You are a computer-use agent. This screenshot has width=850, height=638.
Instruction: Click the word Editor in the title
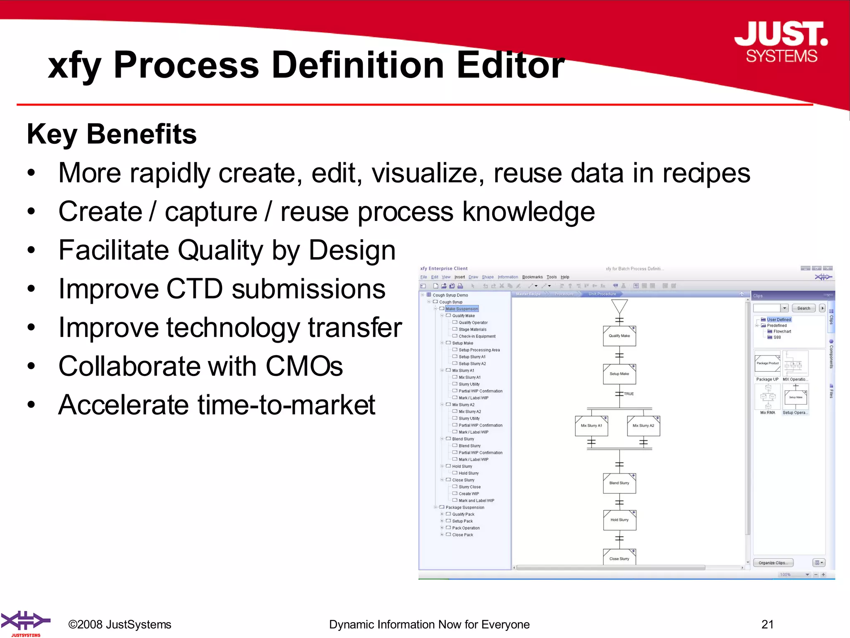point(510,65)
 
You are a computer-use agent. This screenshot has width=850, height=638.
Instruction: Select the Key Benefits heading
point(112,134)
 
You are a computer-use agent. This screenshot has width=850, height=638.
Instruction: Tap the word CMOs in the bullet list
point(304,366)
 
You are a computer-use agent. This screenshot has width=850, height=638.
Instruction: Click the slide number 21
point(767,624)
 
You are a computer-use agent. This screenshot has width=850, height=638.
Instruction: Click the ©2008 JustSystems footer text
point(120,625)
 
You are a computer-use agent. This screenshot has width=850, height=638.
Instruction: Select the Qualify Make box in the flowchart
point(619,336)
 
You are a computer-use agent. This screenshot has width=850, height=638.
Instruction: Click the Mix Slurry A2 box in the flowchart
point(643,426)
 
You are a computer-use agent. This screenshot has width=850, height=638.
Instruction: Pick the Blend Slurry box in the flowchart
point(619,483)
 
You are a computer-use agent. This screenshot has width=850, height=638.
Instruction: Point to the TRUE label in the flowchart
point(629,394)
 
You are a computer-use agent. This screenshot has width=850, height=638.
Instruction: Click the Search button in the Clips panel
point(804,308)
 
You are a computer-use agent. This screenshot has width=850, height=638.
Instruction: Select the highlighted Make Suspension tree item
point(462,309)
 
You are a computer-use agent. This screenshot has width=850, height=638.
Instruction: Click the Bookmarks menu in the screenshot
point(532,277)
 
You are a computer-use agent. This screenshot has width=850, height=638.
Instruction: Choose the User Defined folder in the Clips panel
point(779,320)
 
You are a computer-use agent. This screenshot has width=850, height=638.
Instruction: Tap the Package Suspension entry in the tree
point(465,508)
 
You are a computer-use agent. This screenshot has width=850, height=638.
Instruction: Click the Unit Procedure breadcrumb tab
point(602,294)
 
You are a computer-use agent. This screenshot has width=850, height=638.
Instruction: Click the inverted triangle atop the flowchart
point(619,307)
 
